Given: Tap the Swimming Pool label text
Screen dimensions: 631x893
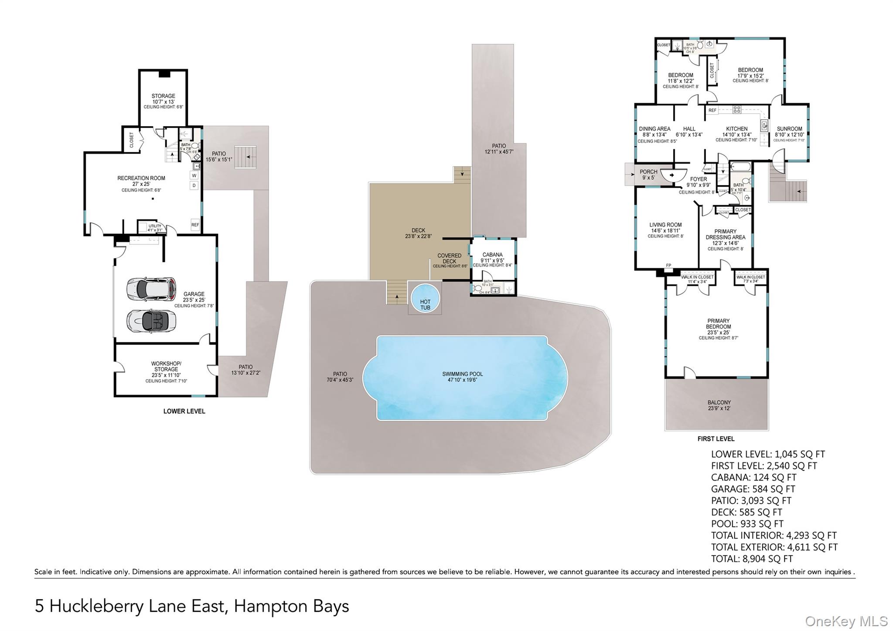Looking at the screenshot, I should [x=462, y=374].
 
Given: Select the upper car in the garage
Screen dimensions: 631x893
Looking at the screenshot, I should [x=151, y=288].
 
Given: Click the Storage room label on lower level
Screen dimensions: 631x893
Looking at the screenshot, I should [x=163, y=96].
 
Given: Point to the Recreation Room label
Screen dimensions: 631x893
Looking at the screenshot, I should [x=141, y=178].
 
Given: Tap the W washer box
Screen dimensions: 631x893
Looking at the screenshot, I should [x=194, y=175].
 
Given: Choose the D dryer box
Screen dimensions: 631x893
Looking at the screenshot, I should [x=194, y=185].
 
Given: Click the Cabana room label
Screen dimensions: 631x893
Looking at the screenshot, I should [x=492, y=255].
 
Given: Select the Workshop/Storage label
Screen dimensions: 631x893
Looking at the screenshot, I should [x=166, y=366].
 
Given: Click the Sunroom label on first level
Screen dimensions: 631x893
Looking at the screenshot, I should [x=789, y=129].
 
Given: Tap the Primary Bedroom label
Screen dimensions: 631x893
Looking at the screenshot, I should [x=719, y=324].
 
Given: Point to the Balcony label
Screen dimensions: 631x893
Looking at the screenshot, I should [x=719, y=403].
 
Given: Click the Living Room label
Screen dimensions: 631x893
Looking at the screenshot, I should [x=665, y=225].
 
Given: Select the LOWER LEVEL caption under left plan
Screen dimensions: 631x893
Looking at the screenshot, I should [x=184, y=411].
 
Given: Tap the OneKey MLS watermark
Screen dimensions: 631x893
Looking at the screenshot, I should [x=846, y=621].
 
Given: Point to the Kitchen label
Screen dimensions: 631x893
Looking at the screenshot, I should [x=736, y=129].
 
